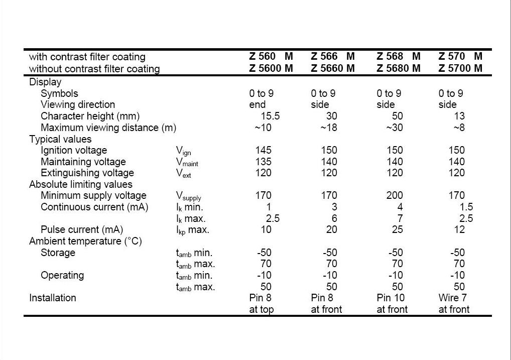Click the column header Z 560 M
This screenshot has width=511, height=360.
(271, 56)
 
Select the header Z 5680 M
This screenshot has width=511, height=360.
(399, 68)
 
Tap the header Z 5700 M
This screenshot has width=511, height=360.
(460, 68)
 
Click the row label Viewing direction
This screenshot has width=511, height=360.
(78, 104)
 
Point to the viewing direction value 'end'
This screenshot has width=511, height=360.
(258, 104)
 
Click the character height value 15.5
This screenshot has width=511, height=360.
(270, 116)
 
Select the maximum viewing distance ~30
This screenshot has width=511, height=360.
(395, 128)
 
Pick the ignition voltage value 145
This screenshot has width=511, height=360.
(264, 150)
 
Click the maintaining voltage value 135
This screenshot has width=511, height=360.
(264, 162)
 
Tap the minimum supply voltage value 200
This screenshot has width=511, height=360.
(395, 196)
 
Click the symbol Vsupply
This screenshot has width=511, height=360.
(189, 196)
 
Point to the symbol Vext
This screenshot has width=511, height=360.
(184, 174)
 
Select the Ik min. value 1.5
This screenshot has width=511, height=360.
(466, 207)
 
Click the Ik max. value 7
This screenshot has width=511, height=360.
(400, 218)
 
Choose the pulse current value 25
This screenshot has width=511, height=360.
(398, 229)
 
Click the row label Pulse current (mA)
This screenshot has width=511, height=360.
(82, 230)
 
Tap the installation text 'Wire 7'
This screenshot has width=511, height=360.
(453, 298)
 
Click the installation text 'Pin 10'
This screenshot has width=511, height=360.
(391, 298)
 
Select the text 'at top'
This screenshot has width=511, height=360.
(262, 309)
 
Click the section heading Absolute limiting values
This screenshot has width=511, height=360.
(81, 185)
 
